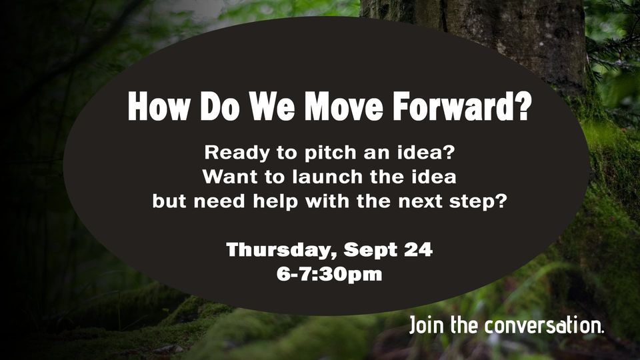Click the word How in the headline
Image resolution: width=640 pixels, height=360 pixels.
click(x=159, y=106)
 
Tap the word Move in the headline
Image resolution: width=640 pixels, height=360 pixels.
click(x=344, y=106)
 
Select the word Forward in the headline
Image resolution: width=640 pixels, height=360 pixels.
click(x=453, y=106)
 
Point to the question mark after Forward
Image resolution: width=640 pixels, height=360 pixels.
click(x=523, y=105)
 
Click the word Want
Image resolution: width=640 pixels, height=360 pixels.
click(x=229, y=177)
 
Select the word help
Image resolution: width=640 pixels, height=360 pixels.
click(x=275, y=201)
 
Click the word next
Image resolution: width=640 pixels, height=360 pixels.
click(x=421, y=201)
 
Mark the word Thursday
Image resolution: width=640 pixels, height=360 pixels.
click(x=281, y=250)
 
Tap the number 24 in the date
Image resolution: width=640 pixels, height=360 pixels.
click(x=419, y=249)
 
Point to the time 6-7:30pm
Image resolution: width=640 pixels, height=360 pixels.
click(x=329, y=274)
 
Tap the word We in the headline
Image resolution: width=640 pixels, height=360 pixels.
click(x=272, y=106)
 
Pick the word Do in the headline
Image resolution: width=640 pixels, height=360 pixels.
click(x=220, y=106)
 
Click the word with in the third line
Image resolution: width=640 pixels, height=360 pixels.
click(x=327, y=201)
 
